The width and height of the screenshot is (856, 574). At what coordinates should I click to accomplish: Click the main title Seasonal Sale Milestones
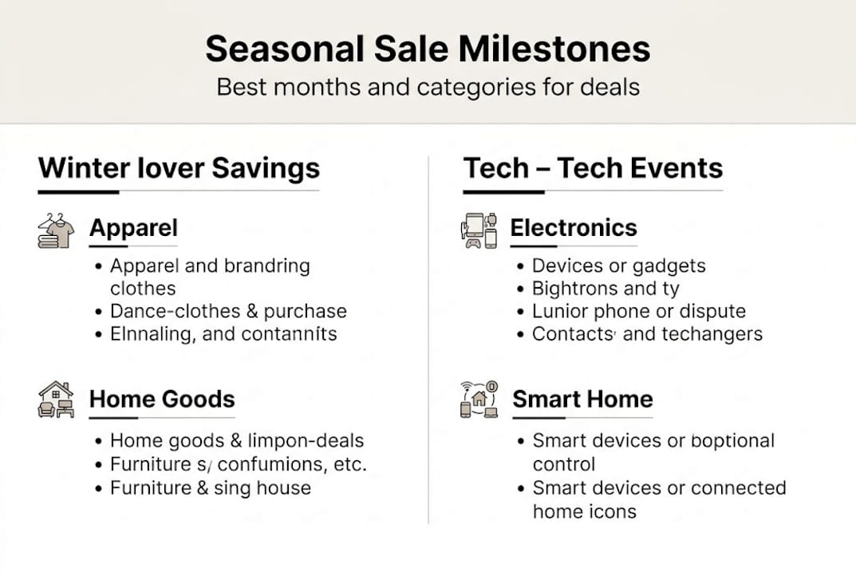coord(428,49)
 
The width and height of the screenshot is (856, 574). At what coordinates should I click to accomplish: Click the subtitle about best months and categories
coord(428,86)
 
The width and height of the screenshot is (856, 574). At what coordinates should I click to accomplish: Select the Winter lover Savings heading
coord(179,168)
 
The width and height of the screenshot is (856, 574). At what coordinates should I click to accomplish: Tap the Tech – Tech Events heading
coord(593,168)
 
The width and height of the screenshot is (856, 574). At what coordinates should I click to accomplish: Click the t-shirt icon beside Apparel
coord(56,230)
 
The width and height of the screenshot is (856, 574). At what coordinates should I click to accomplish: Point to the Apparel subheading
coord(133,228)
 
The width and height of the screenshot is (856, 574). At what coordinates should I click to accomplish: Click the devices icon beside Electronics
coord(479,230)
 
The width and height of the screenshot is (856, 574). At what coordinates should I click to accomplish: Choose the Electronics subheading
coord(574,228)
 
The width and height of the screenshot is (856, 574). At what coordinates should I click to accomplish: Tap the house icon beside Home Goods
coord(56,399)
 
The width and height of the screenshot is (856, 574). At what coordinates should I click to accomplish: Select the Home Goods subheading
coord(162,399)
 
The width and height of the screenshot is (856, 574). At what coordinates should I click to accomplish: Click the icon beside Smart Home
coord(479,399)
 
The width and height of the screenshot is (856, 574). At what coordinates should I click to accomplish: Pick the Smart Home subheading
coord(582,399)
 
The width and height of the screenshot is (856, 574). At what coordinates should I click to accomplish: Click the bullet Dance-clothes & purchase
coord(228,311)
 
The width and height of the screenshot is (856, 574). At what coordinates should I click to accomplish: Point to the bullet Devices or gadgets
coord(618,265)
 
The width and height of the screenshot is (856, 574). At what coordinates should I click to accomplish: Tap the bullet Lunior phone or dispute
coord(638,311)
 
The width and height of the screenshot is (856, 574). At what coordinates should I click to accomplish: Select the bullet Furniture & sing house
coord(211,487)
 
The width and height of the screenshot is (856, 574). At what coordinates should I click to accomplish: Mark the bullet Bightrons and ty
coord(606,289)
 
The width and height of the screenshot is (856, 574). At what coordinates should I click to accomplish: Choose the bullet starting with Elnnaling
coord(223,334)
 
